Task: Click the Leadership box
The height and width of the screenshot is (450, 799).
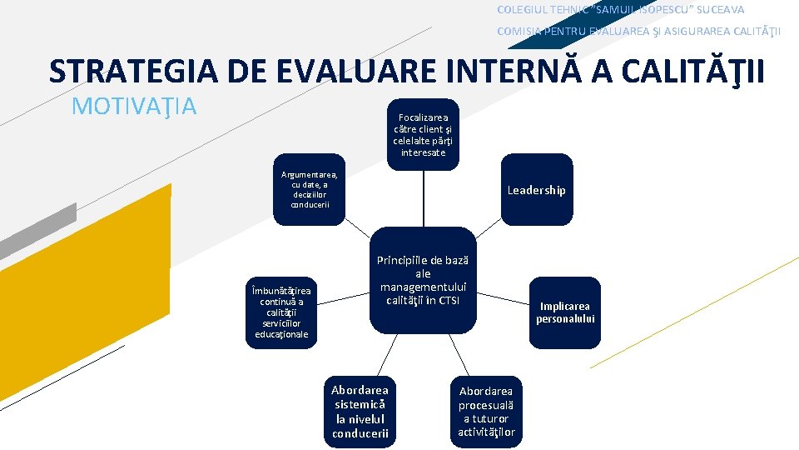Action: (536, 190)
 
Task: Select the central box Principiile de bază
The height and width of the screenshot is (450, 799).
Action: (423, 280)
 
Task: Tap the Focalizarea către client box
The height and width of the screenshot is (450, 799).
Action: (423, 135)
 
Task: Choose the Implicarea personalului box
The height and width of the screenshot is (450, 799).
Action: (565, 312)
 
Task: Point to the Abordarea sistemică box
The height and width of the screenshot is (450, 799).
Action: (360, 412)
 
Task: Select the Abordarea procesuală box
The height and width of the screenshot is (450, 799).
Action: (486, 412)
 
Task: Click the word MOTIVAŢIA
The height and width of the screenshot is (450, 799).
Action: (134, 107)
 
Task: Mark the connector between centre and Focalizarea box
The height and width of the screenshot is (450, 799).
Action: (423, 198)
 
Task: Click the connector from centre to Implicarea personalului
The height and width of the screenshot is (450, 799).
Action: (502, 298)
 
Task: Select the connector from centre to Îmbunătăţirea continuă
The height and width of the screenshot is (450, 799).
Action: (343, 297)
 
